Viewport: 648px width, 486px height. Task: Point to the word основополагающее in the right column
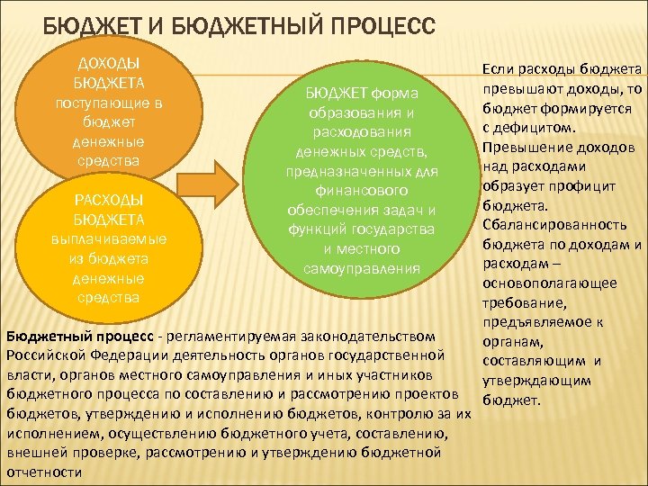(x=549, y=283)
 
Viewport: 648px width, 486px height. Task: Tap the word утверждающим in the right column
(x=539, y=381)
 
